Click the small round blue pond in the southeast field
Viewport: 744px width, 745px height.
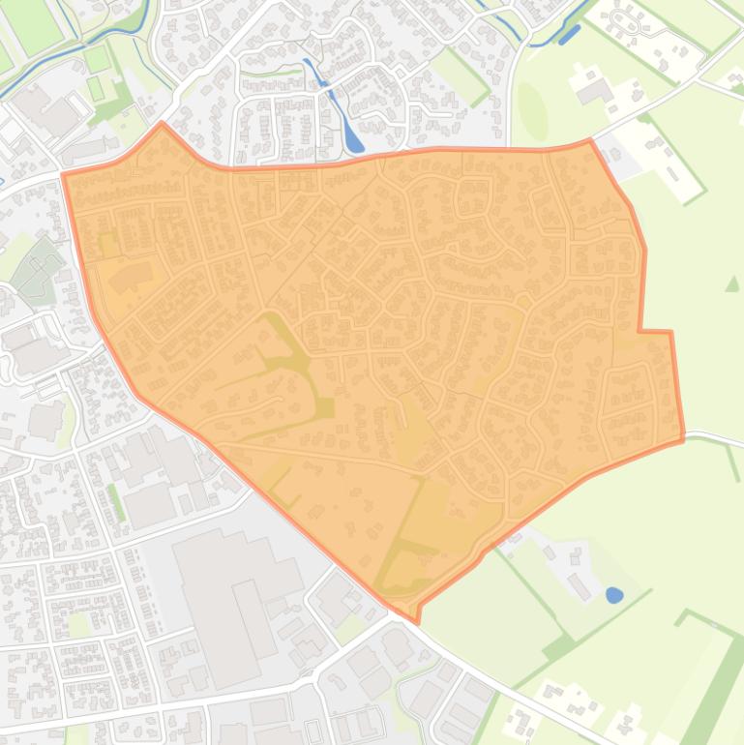tap(614, 595)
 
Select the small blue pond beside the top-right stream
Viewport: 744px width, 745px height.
tap(569, 35)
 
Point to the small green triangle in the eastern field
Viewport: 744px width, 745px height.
tap(732, 283)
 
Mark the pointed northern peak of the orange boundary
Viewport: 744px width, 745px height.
tap(162, 124)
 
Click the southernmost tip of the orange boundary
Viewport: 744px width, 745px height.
tap(417, 620)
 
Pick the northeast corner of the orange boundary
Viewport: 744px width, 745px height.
tap(590, 141)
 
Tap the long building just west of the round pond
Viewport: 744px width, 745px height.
tap(580, 586)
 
